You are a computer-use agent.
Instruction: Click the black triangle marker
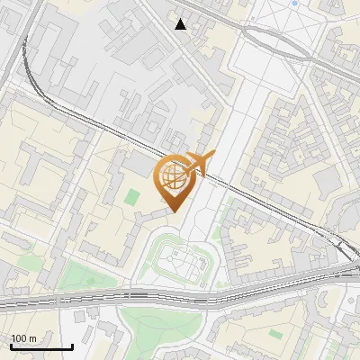181,24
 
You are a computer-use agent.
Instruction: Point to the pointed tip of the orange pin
173,211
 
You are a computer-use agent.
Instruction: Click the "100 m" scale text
23,338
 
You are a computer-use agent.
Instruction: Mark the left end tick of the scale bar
10,346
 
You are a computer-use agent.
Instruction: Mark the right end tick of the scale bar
72,346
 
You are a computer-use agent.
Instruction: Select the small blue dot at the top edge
294,3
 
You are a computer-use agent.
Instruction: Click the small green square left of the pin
132,196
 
